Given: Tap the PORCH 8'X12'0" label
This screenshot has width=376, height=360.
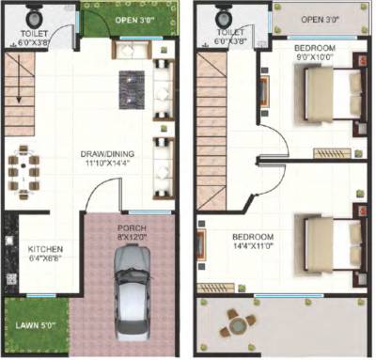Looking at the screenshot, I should click(132, 233).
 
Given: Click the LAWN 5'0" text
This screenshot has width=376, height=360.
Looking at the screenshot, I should click(39, 329).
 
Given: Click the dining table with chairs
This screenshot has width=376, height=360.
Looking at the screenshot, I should click(23, 172).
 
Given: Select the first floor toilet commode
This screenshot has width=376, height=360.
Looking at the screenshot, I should click(226, 16).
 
